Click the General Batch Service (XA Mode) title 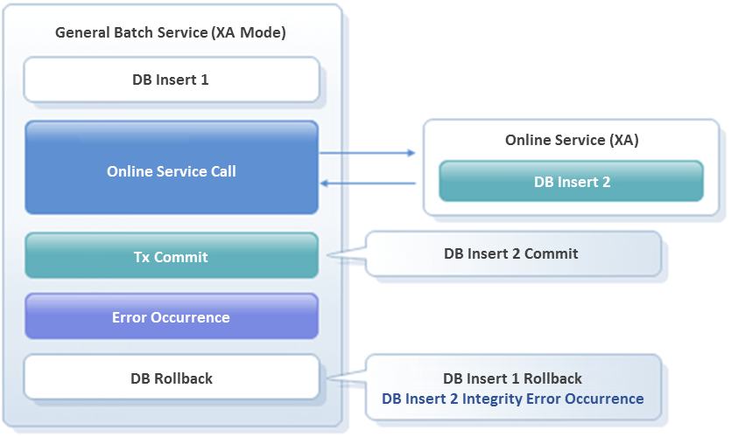coord(171,33)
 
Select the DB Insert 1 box coord(171,80)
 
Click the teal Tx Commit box coord(171,257)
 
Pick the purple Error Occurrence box coord(171,317)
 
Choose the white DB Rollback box coord(171,378)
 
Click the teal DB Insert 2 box coord(571,182)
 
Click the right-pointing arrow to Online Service coord(368,153)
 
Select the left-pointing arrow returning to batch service coord(368,184)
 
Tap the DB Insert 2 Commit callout coord(511,253)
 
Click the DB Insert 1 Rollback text coord(512,378)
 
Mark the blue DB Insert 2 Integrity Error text coord(512,399)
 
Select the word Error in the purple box coord(130,317)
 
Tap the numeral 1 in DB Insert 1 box coord(205,80)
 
